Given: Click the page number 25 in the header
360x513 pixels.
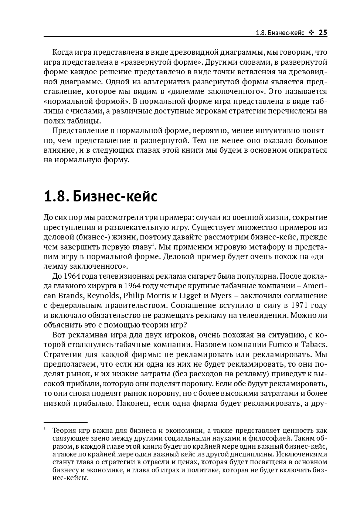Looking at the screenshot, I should (x=323, y=33).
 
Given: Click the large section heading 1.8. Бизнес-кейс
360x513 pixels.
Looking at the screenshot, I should (x=101, y=197).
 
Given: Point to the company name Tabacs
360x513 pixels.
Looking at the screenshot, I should (x=314, y=344).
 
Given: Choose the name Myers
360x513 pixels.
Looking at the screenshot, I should (x=221, y=296).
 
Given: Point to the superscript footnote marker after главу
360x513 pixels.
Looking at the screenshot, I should (x=152, y=244).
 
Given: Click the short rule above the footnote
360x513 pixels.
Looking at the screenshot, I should (x=65, y=422).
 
